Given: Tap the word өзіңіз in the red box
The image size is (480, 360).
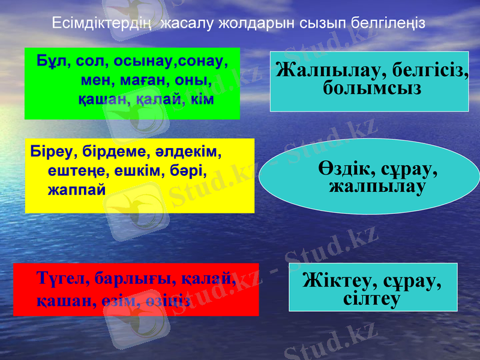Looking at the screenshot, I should [170, 299].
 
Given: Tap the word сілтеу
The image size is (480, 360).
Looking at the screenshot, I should [373, 298].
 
